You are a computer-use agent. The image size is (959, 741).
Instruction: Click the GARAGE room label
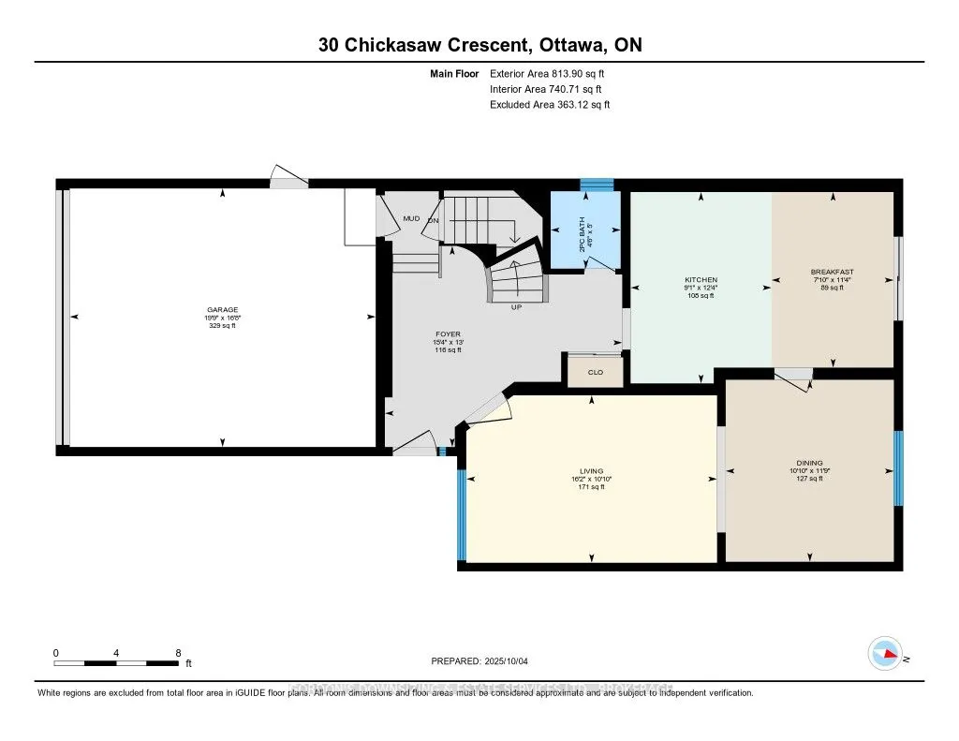(x=222, y=309)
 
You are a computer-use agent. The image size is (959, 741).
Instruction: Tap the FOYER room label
(x=448, y=334)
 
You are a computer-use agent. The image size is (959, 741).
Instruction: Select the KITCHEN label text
(x=701, y=280)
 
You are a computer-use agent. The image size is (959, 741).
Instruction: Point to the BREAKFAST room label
(x=832, y=273)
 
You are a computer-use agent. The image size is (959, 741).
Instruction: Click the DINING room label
(x=809, y=463)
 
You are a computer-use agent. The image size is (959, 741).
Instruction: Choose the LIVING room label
(x=591, y=471)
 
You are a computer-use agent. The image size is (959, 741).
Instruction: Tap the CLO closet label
(x=595, y=372)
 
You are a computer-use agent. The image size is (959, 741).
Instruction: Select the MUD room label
(x=411, y=218)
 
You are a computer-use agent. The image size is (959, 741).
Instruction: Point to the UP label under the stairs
(x=516, y=307)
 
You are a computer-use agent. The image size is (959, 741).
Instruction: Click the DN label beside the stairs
(x=434, y=221)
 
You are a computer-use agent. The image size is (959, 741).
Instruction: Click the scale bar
(x=116, y=663)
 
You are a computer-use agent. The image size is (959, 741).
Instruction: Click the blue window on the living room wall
(x=461, y=513)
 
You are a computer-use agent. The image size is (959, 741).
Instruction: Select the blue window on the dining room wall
(x=898, y=468)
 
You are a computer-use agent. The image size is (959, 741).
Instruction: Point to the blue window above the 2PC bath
(x=597, y=185)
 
